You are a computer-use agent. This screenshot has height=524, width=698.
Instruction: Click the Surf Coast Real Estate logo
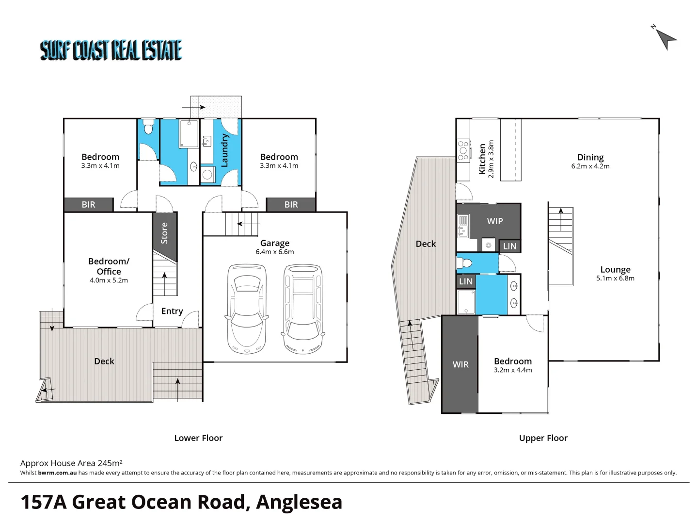tap(111, 50)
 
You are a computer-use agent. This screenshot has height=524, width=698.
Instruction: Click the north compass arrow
tap(666, 37)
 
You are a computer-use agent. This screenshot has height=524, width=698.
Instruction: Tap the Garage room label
tap(274, 243)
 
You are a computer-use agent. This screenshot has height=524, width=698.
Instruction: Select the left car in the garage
tap(247, 309)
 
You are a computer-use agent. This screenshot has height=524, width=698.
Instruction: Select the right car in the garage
tap(303, 309)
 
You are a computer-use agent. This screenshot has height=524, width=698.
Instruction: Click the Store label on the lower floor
tap(164, 233)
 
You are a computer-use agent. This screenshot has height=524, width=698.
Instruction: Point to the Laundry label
tap(224, 151)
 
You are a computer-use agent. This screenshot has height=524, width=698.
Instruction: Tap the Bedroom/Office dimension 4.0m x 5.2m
tap(109, 280)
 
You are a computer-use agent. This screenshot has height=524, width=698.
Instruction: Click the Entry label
tap(172, 311)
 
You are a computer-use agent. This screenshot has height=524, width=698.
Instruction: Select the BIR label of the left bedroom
tap(88, 205)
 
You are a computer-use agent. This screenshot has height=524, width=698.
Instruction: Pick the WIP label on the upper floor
tap(495, 221)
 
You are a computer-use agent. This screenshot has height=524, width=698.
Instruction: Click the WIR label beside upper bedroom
tap(460, 364)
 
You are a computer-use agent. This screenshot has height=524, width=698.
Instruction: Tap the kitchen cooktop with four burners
tap(463, 150)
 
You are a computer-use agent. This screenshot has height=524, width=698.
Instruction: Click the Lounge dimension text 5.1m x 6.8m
tap(615, 278)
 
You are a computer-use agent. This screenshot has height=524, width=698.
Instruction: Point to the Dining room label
tap(590, 157)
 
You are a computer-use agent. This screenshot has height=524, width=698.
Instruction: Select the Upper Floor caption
tap(543, 438)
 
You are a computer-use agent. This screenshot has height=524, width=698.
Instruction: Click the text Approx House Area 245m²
tap(71, 463)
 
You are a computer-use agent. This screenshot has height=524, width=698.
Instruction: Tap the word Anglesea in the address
tap(299, 502)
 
